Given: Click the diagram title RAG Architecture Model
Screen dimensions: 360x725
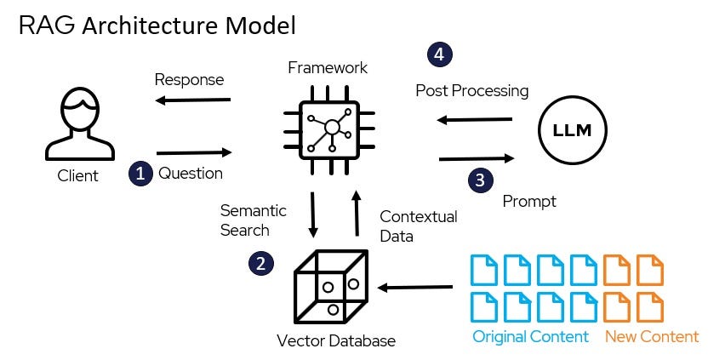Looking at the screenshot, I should [x=157, y=26].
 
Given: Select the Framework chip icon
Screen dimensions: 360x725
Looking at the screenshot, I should [x=333, y=128].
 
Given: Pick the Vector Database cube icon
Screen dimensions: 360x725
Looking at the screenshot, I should [x=329, y=288].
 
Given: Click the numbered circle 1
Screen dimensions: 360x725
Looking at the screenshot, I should [x=140, y=174].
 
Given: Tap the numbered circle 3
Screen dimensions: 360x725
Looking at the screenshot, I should [x=481, y=180].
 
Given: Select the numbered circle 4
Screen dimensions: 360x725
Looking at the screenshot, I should [x=440, y=55].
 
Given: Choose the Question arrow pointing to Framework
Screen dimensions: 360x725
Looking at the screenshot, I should [x=195, y=153].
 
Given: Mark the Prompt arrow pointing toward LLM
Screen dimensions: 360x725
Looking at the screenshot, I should [x=477, y=158].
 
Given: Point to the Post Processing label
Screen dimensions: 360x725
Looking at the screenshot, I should [x=471, y=90].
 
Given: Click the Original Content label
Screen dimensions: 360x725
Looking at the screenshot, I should [x=530, y=337].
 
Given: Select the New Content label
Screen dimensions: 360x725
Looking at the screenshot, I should [x=651, y=337].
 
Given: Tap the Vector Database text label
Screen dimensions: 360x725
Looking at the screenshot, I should [x=336, y=341].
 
